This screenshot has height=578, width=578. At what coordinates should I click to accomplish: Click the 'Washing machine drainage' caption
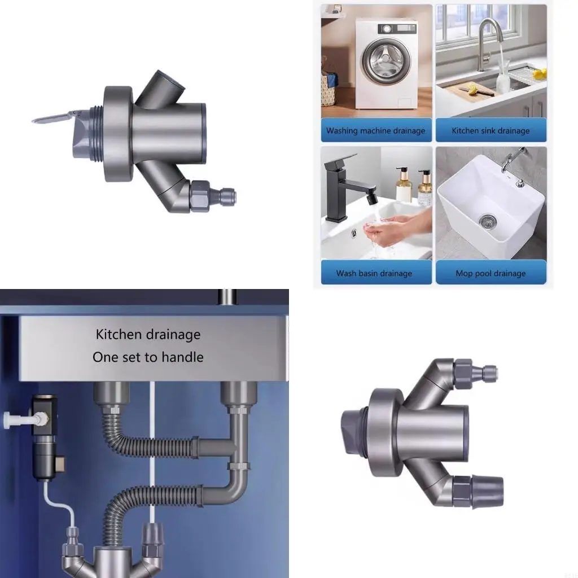[x=375, y=130]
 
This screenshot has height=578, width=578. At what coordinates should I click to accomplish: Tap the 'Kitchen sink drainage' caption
[x=491, y=130]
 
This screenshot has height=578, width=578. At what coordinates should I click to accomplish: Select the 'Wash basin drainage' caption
[x=374, y=273]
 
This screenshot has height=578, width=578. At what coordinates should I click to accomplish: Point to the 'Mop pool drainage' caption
[x=491, y=273]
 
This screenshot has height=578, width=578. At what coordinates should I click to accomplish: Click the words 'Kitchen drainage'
[x=148, y=334]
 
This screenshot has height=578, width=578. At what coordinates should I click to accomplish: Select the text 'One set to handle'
[x=148, y=357]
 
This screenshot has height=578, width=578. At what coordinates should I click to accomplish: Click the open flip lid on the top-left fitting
[x=54, y=117]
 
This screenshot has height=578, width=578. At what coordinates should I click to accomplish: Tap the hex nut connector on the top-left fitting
[x=201, y=196]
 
